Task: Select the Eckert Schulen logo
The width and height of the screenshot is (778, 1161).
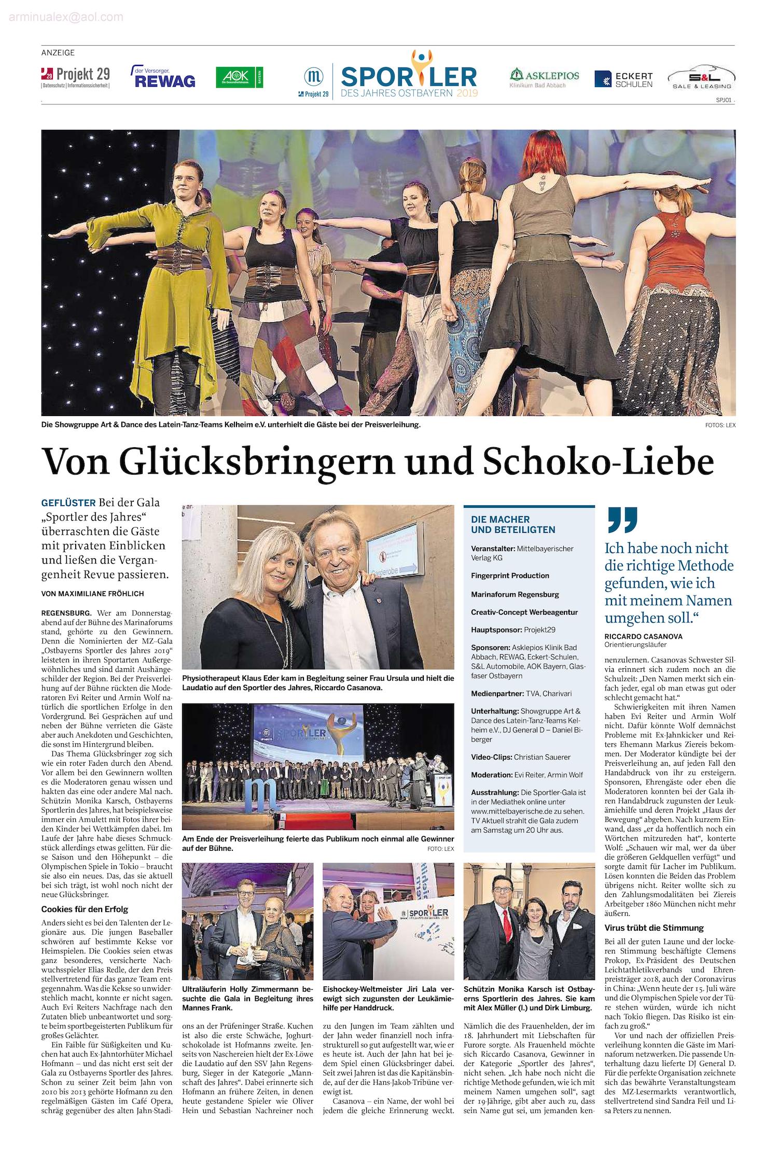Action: pyautogui.click(x=623, y=79)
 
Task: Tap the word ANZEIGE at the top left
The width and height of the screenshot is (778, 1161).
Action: pyautogui.click(x=58, y=52)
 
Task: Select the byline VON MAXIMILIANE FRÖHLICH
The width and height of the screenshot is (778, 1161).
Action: pyautogui.click(x=93, y=593)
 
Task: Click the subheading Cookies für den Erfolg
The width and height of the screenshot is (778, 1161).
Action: pyautogui.click(x=85, y=909)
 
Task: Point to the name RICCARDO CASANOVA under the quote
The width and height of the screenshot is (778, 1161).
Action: pyautogui.click(x=643, y=636)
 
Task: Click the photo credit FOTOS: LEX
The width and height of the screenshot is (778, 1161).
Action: pyautogui.click(x=720, y=425)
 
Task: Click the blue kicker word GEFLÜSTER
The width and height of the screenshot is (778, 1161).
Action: pyautogui.click(x=68, y=503)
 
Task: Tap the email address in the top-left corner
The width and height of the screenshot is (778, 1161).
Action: pyautogui.click(x=66, y=18)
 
